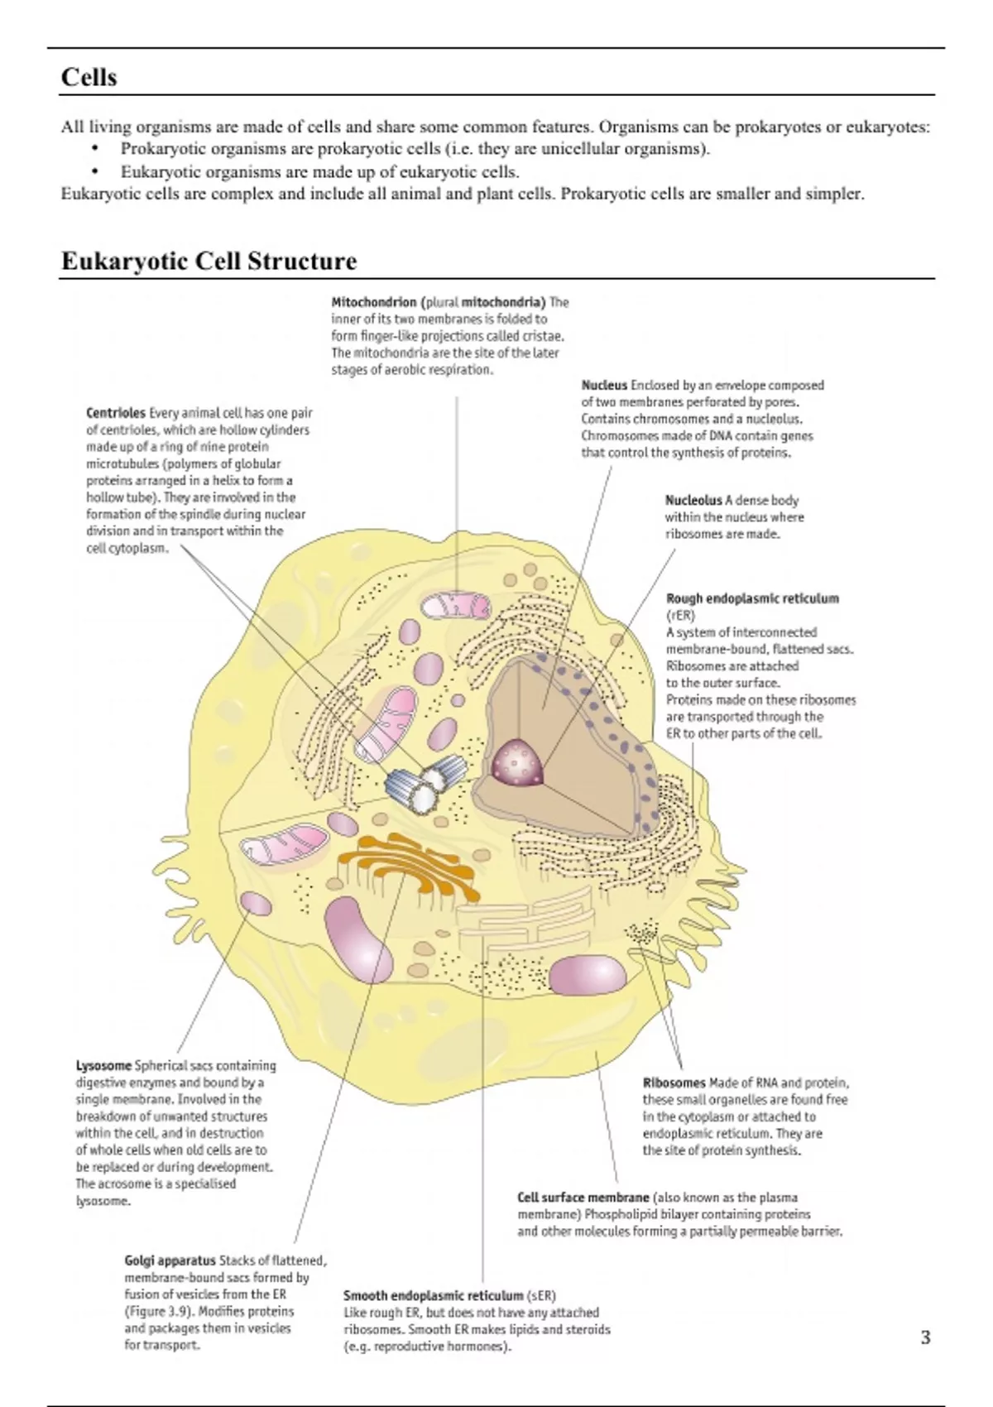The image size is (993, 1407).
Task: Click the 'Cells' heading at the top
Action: click(x=89, y=77)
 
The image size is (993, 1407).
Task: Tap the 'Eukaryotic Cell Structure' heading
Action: click(x=209, y=261)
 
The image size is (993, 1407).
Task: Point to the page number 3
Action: click(x=925, y=1337)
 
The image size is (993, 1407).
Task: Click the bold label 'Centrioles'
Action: click(x=116, y=413)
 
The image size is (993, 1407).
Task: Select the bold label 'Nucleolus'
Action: click(x=693, y=500)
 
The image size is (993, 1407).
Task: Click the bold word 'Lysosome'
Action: click(x=103, y=1065)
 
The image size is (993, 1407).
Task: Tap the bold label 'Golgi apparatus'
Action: click(x=170, y=1261)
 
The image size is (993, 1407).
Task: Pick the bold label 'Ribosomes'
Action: click(x=674, y=1083)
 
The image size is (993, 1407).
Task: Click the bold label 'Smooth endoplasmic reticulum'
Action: click(x=434, y=1295)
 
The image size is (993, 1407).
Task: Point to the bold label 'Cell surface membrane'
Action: click(x=583, y=1197)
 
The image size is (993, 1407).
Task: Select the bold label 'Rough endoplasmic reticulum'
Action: click(x=752, y=598)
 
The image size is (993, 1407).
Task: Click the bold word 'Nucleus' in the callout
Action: click(x=604, y=385)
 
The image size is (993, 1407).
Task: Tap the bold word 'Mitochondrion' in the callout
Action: click(x=374, y=302)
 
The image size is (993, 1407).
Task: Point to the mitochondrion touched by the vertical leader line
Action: click(x=456, y=605)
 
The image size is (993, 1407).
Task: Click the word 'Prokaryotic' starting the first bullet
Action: click(x=162, y=149)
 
